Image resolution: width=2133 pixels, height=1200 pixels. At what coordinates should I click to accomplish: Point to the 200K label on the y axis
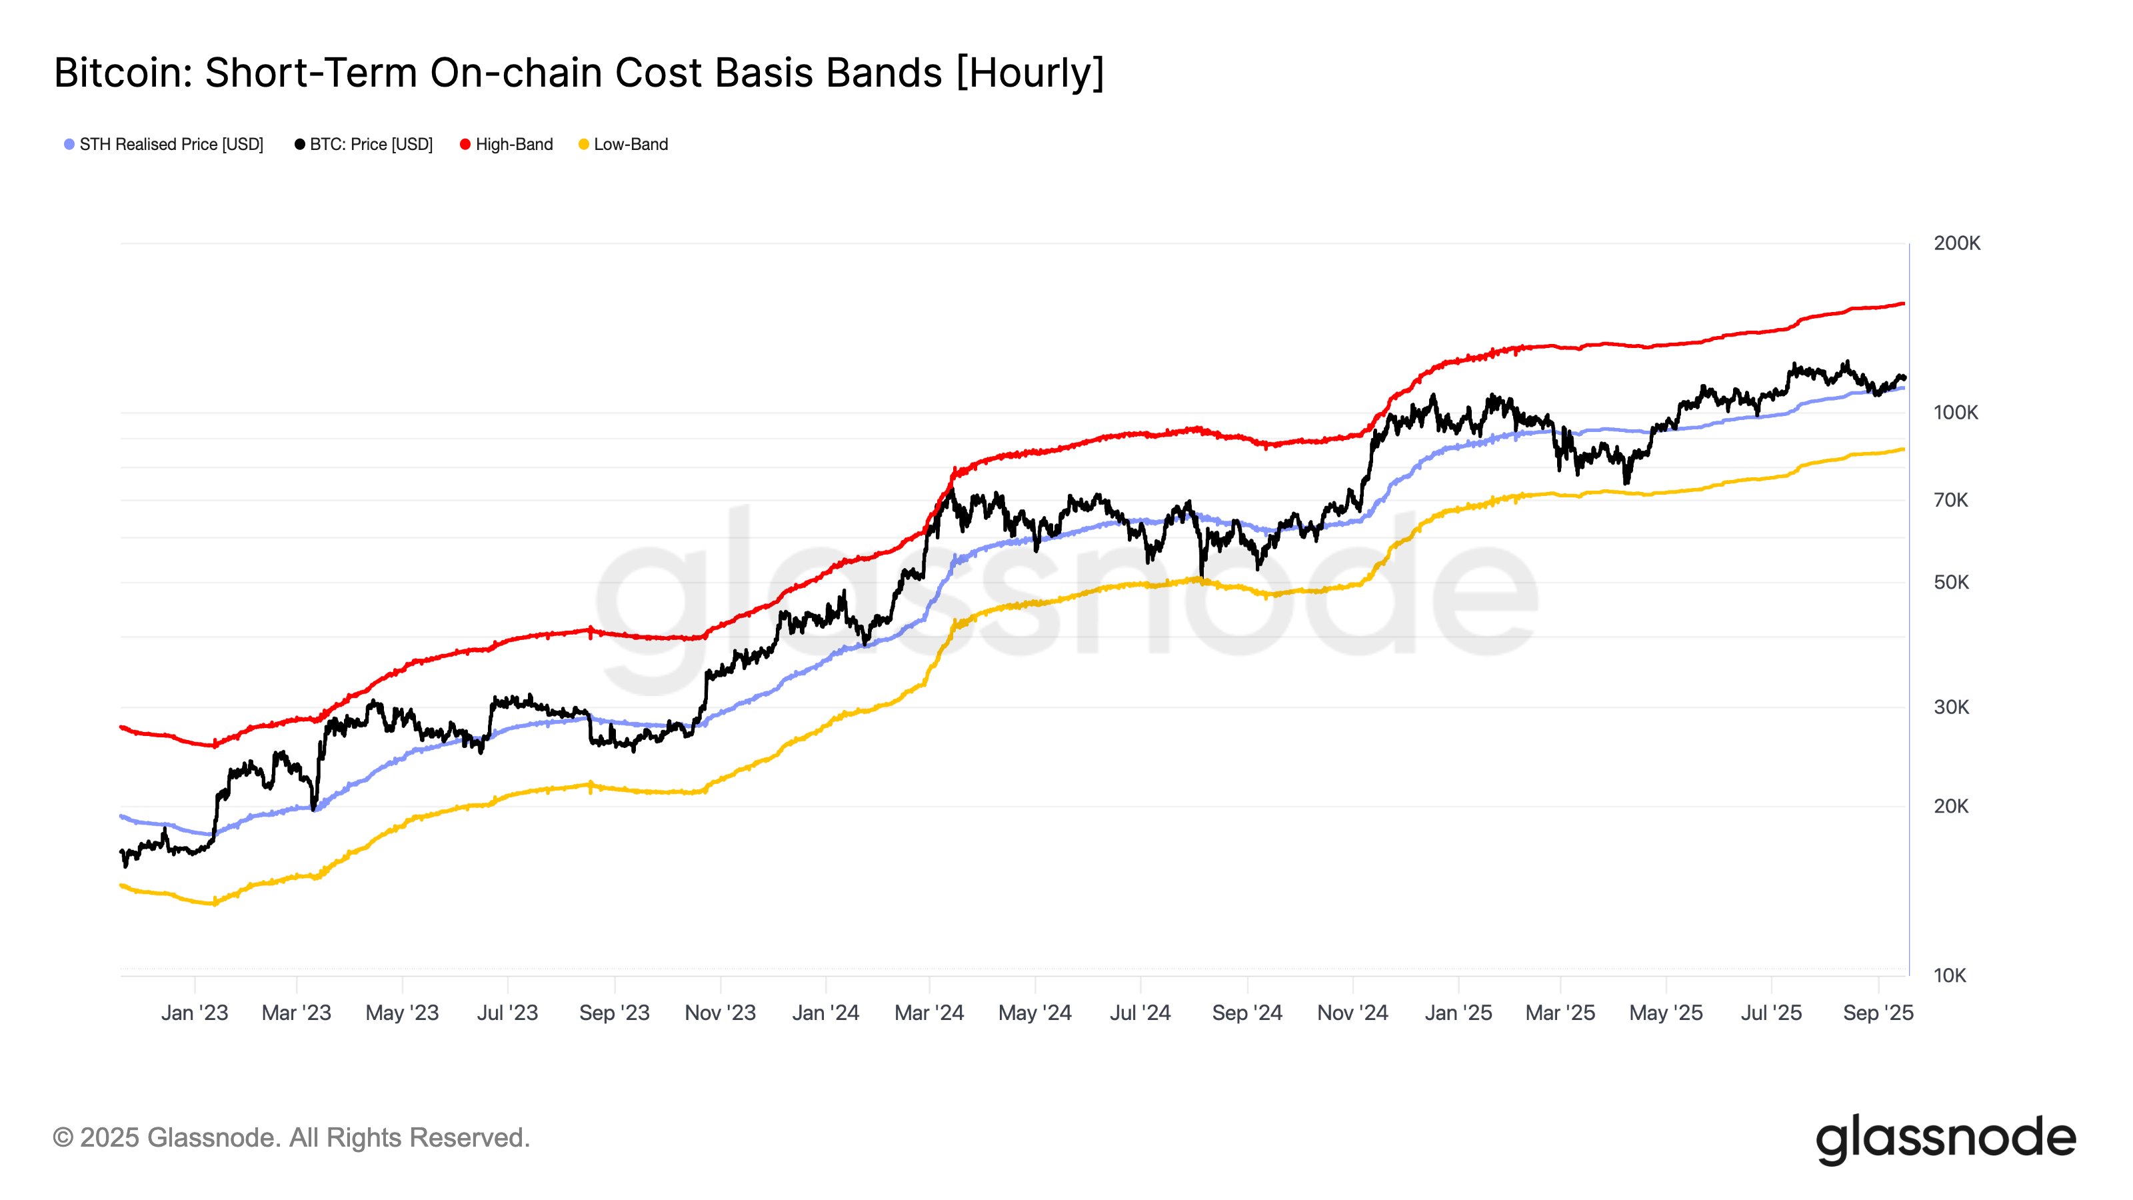(x=1956, y=243)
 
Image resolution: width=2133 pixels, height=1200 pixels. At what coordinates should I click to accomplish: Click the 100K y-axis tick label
(x=1955, y=413)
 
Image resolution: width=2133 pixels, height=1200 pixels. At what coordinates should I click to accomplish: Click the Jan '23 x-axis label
(x=195, y=1013)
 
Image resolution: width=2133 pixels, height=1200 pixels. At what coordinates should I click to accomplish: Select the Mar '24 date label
(x=929, y=1013)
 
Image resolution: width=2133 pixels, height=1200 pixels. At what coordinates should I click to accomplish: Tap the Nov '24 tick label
(x=1352, y=1013)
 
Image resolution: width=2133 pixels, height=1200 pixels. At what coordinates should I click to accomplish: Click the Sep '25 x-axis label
(x=1878, y=1013)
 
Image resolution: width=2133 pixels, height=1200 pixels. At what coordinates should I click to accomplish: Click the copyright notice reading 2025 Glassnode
(x=291, y=1138)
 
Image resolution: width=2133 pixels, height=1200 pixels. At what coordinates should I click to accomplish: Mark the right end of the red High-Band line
(x=1903, y=304)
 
